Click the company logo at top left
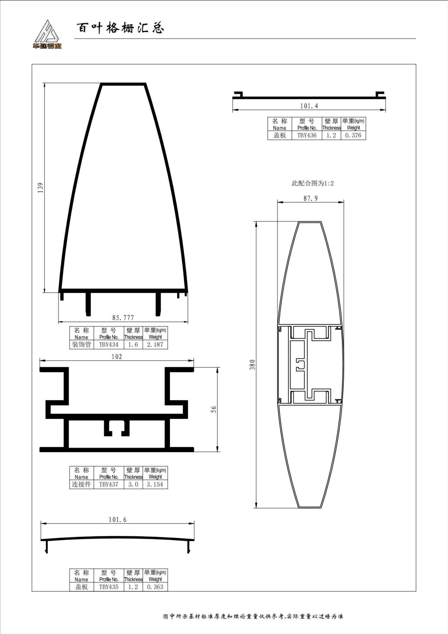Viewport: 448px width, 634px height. [x=47, y=34]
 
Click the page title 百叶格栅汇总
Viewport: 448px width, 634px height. [x=121, y=28]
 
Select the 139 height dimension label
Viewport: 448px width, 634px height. [x=41, y=188]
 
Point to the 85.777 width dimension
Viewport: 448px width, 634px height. [x=123, y=318]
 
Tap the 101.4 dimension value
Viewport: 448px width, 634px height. [x=309, y=106]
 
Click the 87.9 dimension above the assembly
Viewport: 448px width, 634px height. [x=311, y=198]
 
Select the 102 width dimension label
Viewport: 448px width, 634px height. [x=117, y=356]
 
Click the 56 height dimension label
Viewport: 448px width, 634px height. [x=213, y=409]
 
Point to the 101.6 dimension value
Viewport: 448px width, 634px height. [x=117, y=519]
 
